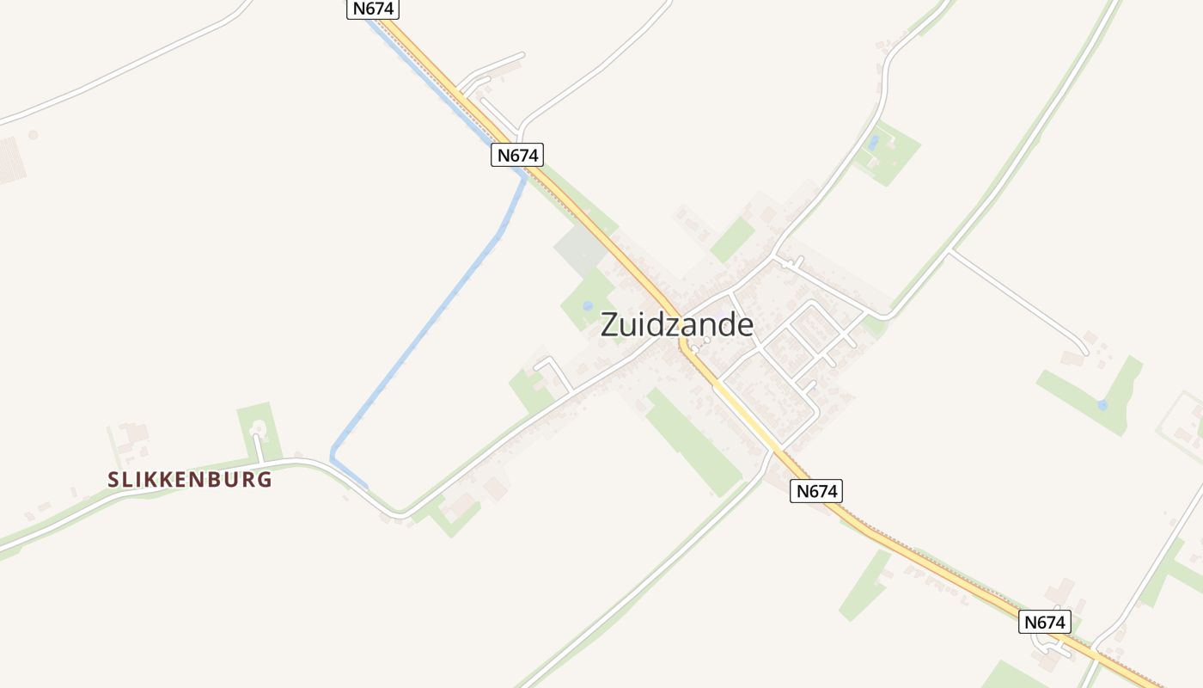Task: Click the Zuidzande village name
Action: [677, 325]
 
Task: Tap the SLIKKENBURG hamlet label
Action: [190, 480]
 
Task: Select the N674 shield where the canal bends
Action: [517, 155]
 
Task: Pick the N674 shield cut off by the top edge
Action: [373, 8]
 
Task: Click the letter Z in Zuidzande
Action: [609, 325]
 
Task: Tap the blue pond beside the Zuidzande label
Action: [588, 305]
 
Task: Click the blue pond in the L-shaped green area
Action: [1102, 404]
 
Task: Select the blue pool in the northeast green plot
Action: [874, 143]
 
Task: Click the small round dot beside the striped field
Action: [34, 135]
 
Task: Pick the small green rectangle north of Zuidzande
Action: [732, 239]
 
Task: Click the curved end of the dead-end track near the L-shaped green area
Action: [1084, 350]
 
